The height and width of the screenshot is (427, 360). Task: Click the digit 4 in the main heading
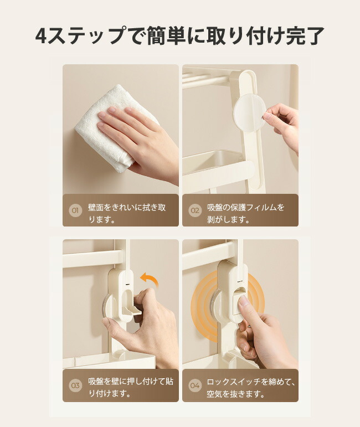tap(42, 35)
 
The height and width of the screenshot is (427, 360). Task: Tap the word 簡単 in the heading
tap(167, 35)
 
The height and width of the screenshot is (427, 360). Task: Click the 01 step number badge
tap(75, 210)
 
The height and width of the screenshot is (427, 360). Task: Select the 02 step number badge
tap(195, 210)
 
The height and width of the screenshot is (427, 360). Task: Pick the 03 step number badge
tap(75, 385)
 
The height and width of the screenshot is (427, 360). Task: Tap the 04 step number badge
tap(195, 385)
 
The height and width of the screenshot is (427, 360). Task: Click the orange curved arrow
tap(149, 280)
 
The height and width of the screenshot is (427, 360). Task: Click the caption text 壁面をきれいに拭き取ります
tap(127, 213)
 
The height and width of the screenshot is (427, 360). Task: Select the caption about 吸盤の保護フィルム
tap(245, 213)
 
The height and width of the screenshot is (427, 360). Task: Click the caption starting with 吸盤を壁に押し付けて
tap(131, 387)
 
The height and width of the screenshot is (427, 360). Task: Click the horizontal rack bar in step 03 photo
tap(92, 258)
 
